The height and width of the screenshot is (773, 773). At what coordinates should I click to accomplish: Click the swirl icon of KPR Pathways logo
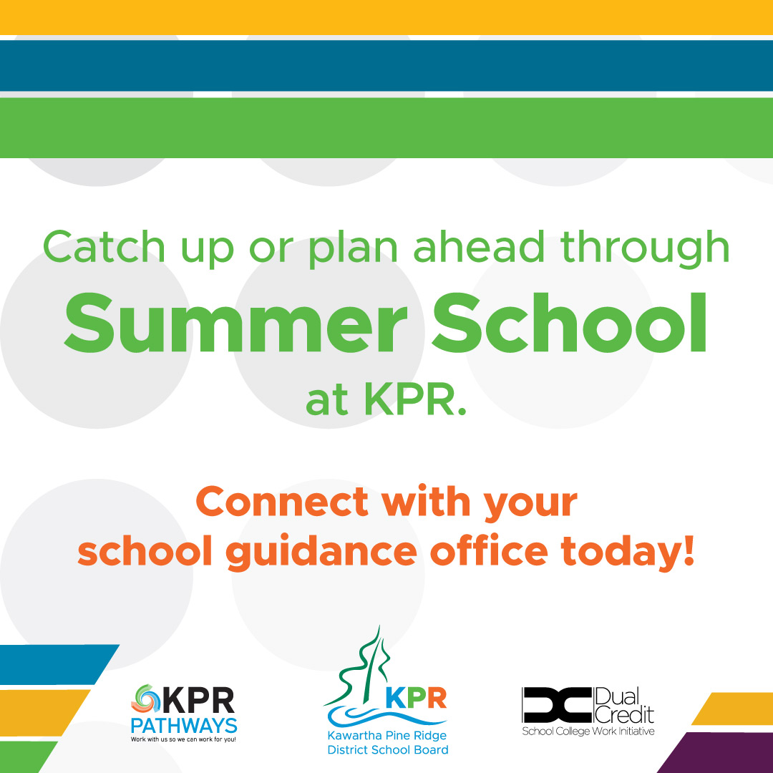click(x=147, y=699)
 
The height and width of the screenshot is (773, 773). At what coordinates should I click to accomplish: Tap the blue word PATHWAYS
click(x=184, y=725)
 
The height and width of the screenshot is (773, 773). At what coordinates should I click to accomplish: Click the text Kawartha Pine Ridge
click(x=387, y=736)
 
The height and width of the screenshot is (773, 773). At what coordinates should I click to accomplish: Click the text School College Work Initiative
click(x=588, y=731)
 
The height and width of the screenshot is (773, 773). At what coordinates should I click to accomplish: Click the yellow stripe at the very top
click(x=386, y=16)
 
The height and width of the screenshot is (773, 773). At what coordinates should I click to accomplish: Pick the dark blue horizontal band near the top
click(x=386, y=65)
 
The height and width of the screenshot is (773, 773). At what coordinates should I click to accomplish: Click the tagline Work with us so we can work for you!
click(x=183, y=739)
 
